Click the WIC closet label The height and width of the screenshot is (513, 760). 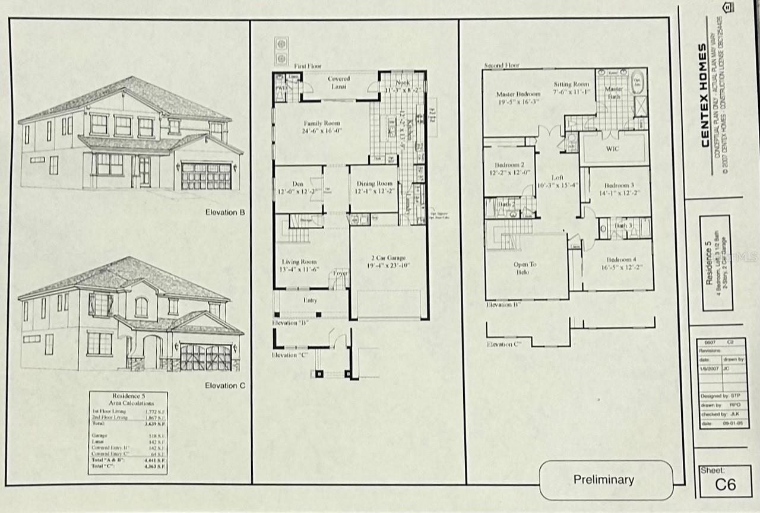[x=613, y=148]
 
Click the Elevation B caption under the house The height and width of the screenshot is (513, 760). [x=225, y=212]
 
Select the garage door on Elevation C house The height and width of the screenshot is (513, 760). [x=205, y=357]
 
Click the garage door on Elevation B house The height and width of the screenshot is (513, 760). [x=206, y=176]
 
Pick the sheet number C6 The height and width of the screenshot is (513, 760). [x=725, y=484]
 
